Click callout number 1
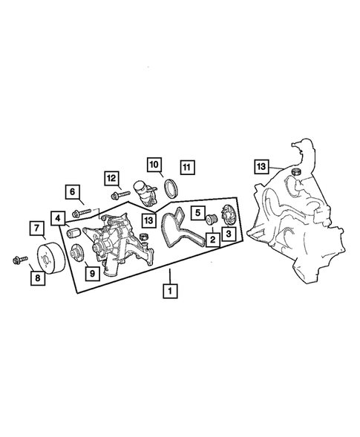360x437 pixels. pyautogui.click(x=171, y=290)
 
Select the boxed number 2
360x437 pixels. pyautogui.click(x=212, y=239)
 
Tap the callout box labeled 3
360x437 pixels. pyautogui.click(x=228, y=234)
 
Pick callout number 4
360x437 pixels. pyautogui.click(x=58, y=218)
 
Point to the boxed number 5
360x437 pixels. pyautogui.click(x=197, y=213)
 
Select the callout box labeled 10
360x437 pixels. pyautogui.click(x=154, y=164)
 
